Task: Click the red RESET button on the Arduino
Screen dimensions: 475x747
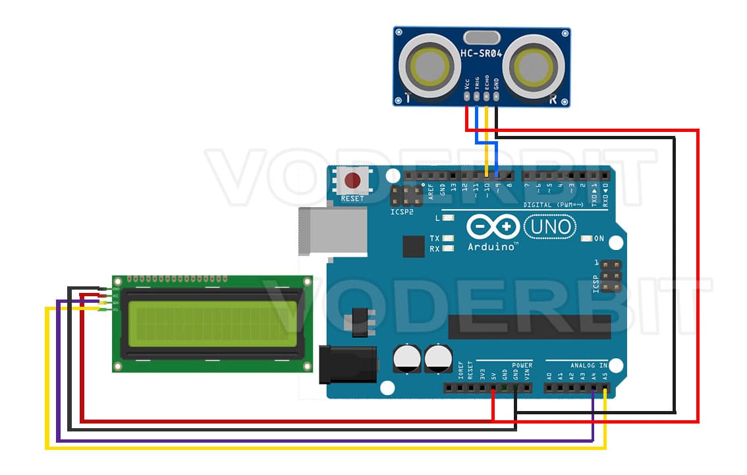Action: (x=353, y=180)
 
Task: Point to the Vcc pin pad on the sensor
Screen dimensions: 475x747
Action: (x=466, y=96)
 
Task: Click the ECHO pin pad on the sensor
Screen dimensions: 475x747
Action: (x=487, y=96)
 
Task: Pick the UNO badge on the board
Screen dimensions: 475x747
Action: (x=548, y=228)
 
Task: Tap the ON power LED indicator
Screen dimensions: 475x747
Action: (x=586, y=238)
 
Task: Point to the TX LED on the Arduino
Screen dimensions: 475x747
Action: (x=449, y=238)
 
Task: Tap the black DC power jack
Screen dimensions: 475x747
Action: (x=348, y=364)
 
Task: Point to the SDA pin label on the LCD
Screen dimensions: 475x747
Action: (x=116, y=302)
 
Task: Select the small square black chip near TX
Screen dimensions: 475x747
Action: (x=414, y=247)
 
